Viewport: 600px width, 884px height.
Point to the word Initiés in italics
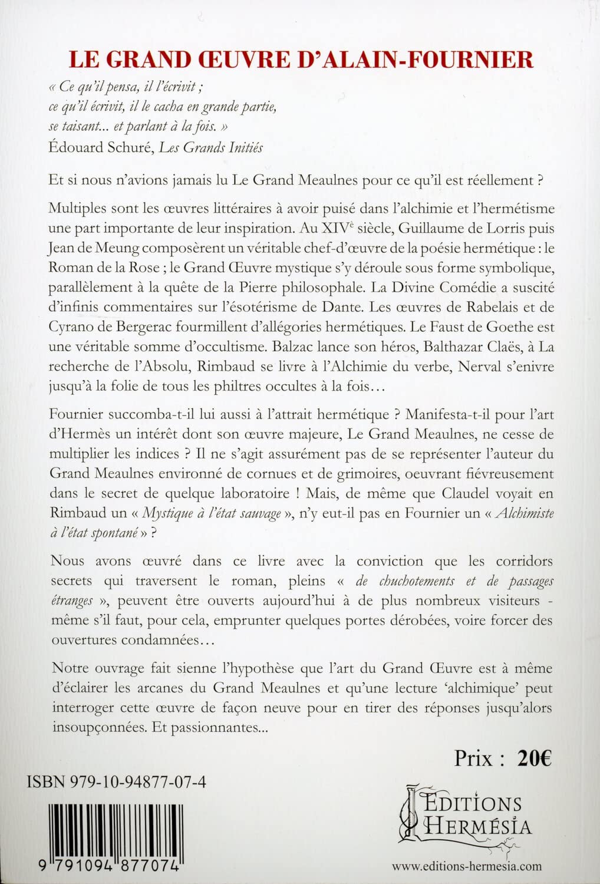(x=239, y=147)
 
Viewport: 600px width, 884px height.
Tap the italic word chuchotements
(x=405, y=580)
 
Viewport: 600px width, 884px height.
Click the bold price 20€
(x=535, y=758)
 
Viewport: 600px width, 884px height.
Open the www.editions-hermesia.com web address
(x=467, y=866)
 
